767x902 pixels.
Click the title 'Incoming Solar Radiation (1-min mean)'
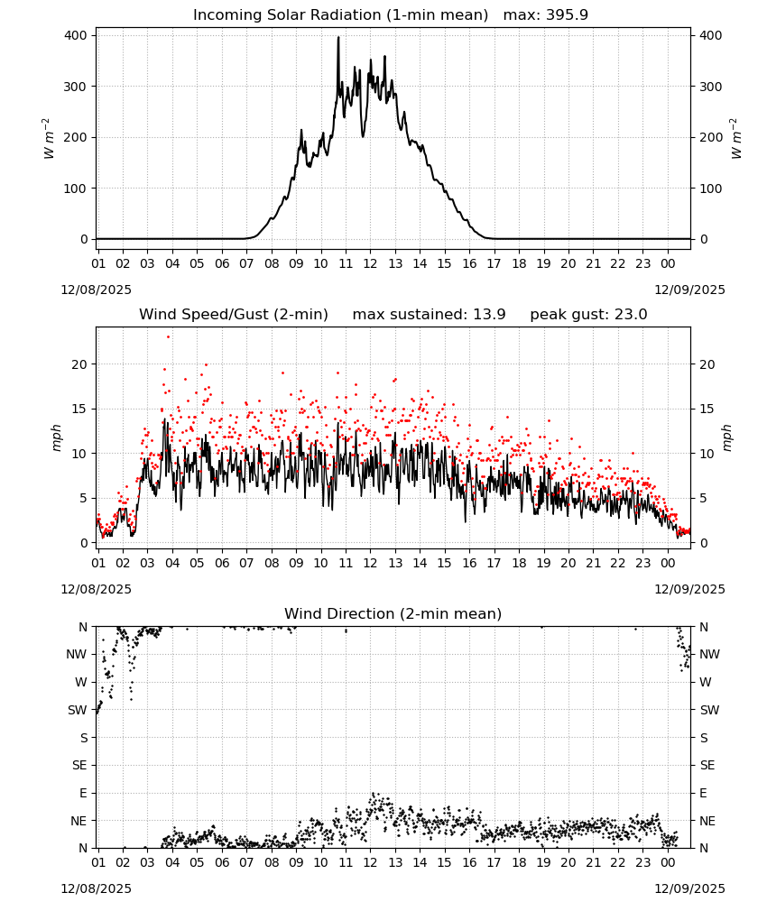[x=340, y=15]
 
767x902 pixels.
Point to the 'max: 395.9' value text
[x=546, y=15]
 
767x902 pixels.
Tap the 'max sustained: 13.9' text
[x=429, y=315]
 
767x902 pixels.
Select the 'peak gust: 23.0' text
[x=588, y=315]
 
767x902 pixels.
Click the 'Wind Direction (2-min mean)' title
[x=393, y=613]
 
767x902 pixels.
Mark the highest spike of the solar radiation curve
[x=338, y=37]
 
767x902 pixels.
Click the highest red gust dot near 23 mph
[x=168, y=337]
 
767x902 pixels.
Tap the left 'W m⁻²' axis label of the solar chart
[x=49, y=138]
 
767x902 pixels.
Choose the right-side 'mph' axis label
[x=726, y=437]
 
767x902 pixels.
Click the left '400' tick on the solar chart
[x=76, y=36]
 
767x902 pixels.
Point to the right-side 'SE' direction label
[x=707, y=766]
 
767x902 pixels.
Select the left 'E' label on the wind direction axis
[x=83, y=793]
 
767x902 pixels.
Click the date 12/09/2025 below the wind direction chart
[x=689, y=888]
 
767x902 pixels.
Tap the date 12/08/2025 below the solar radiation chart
[x=96, y=290]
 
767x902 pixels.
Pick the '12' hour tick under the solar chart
[x=370, y=264]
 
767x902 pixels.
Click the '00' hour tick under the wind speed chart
[x=668, y=563]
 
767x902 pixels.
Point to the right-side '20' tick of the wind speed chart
[x=707, y=364]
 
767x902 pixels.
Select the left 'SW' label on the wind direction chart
[x=77, y=711]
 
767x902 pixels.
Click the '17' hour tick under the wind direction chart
[x=494, y=863]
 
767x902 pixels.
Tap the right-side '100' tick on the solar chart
[x=711, y=189]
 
